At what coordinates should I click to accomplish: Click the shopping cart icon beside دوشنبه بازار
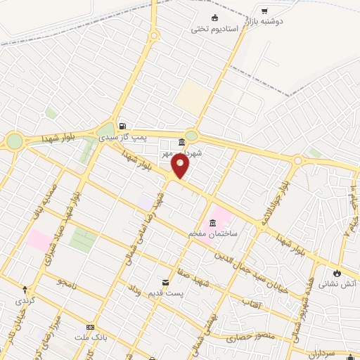pos(264,11)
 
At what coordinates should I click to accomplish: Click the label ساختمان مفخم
pos(213,233)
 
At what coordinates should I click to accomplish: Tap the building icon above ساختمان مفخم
pos(212,223)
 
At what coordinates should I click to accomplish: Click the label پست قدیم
pos(167,291)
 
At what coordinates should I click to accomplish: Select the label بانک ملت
pos(90,337)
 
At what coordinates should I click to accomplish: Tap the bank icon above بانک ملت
pos(90,327)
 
